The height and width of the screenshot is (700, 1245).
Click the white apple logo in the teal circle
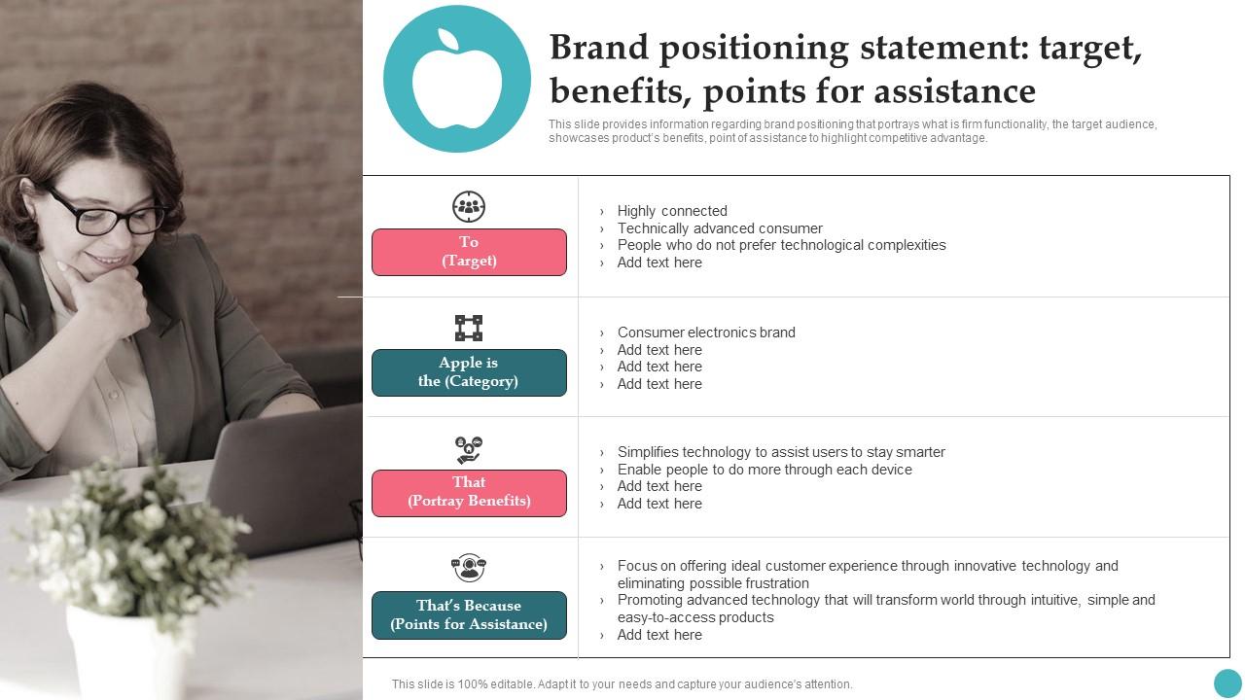coord(456,81)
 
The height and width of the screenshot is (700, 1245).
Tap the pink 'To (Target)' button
coord(469,252)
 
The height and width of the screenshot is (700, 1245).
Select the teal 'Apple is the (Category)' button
coord(469,372)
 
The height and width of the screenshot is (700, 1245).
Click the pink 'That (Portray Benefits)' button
coord(469,492)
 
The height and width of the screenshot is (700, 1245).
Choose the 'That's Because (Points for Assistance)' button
coord(469,615)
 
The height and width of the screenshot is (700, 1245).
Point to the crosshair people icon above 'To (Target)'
coord(469,206)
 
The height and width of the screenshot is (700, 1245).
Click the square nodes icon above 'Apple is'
coord(469,328)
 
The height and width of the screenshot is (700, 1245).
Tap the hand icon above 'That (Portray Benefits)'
coord(469,449)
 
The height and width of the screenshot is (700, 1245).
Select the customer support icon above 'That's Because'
coord(469,567)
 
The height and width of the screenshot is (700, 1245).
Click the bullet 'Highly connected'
coord(672,211)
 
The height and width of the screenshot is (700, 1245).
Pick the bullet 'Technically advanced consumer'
coord(720,228)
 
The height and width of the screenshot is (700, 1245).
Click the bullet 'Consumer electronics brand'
coord(706,332)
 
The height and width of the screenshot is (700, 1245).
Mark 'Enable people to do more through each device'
coord(765,470)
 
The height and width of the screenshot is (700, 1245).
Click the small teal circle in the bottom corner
coord(1227,682)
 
